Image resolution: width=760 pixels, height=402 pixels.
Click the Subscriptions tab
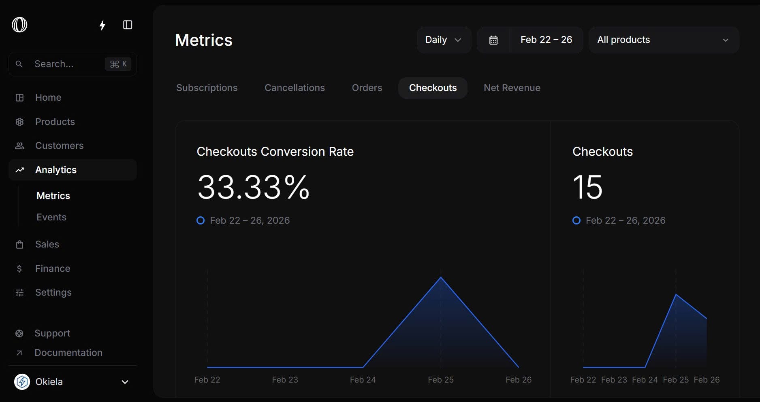point(207,88)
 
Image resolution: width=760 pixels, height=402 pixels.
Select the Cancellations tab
point(295,88)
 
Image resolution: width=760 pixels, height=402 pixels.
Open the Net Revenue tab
point(512,88)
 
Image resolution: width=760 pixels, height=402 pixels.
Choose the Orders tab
point(367,88)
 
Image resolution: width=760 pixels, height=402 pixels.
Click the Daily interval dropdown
point(444,40)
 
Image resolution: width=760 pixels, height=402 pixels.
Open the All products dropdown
point(663,40)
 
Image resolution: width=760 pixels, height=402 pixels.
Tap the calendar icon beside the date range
point(493,40)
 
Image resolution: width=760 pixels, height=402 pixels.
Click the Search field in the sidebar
point(67,64)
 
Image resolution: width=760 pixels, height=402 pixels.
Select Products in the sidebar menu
point(55,122)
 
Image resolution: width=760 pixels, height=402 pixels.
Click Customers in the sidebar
point(59,146)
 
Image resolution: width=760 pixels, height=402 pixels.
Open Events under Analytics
point(51,217)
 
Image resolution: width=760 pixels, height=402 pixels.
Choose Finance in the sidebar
point(53,269)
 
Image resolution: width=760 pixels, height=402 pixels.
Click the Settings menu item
point(53,292)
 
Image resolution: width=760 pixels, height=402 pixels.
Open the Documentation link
point(68,353)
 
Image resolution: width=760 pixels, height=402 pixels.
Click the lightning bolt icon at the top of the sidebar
point(102,25)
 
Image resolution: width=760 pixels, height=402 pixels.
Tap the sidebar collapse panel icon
point(128,25)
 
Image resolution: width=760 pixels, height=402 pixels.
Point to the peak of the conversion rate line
point(441,277)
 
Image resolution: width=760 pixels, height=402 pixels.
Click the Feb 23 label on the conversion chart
point(285,380)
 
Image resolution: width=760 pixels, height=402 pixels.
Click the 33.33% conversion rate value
point(253,187)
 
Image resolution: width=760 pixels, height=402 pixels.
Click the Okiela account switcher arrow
point(125,382)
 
